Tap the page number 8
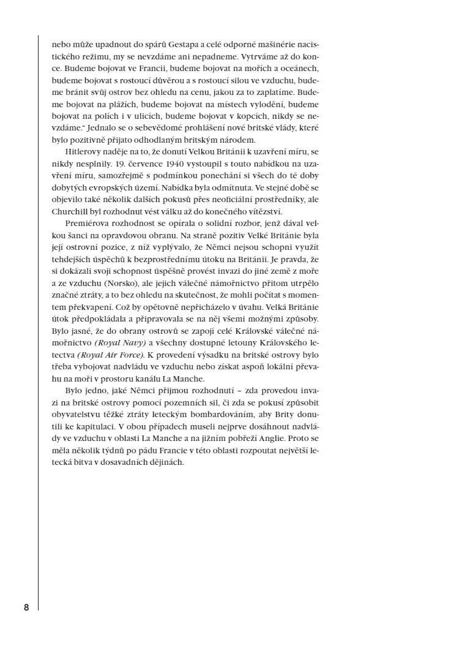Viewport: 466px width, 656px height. coord(26,608)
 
